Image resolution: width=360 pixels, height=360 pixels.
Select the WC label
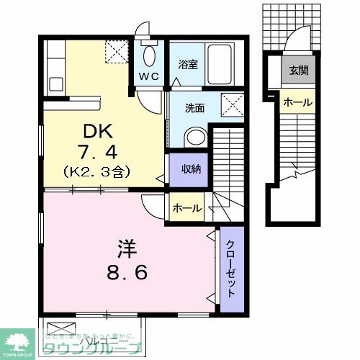pyautogui.click(x=149, y=75)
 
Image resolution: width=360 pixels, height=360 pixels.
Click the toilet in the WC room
pyautogui.click(x=150, y=55)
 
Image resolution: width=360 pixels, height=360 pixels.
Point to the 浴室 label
pyautogui.click(x=188, y=63)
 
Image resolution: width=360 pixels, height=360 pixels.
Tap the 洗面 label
pyautogui.click(x=194, y=109)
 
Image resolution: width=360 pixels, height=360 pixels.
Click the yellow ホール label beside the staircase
pyautogui.click(x=297, y=102)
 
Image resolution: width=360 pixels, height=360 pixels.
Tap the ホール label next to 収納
pyautogui.click(x=187, y=209)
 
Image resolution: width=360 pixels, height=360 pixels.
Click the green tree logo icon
pyautogui.click(x=20, y=341)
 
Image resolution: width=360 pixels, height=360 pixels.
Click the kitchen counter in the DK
pyautogui.click(x=53, y=69)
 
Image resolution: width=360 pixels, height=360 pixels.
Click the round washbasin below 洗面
pyautogui.click(x=194, y=136)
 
